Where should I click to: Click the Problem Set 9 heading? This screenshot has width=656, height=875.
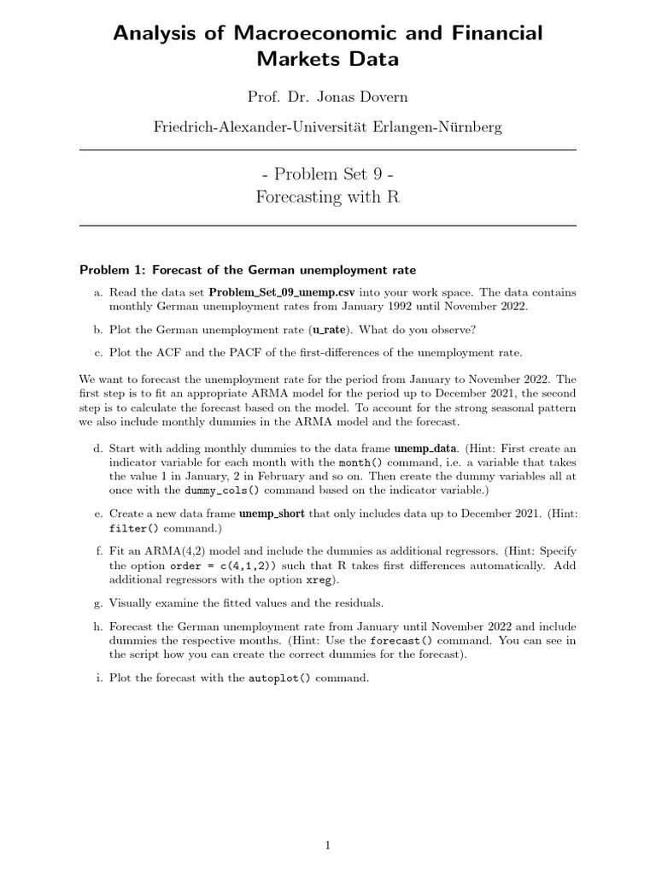(x=327, y=173)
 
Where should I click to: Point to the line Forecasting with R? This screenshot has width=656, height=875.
(x=327, y=197)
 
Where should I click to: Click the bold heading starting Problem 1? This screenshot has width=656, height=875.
(x=248, y=270)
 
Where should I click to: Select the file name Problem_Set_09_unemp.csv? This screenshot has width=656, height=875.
(x=278, y=291)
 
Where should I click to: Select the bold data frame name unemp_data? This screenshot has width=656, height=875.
(x=426, y=448)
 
